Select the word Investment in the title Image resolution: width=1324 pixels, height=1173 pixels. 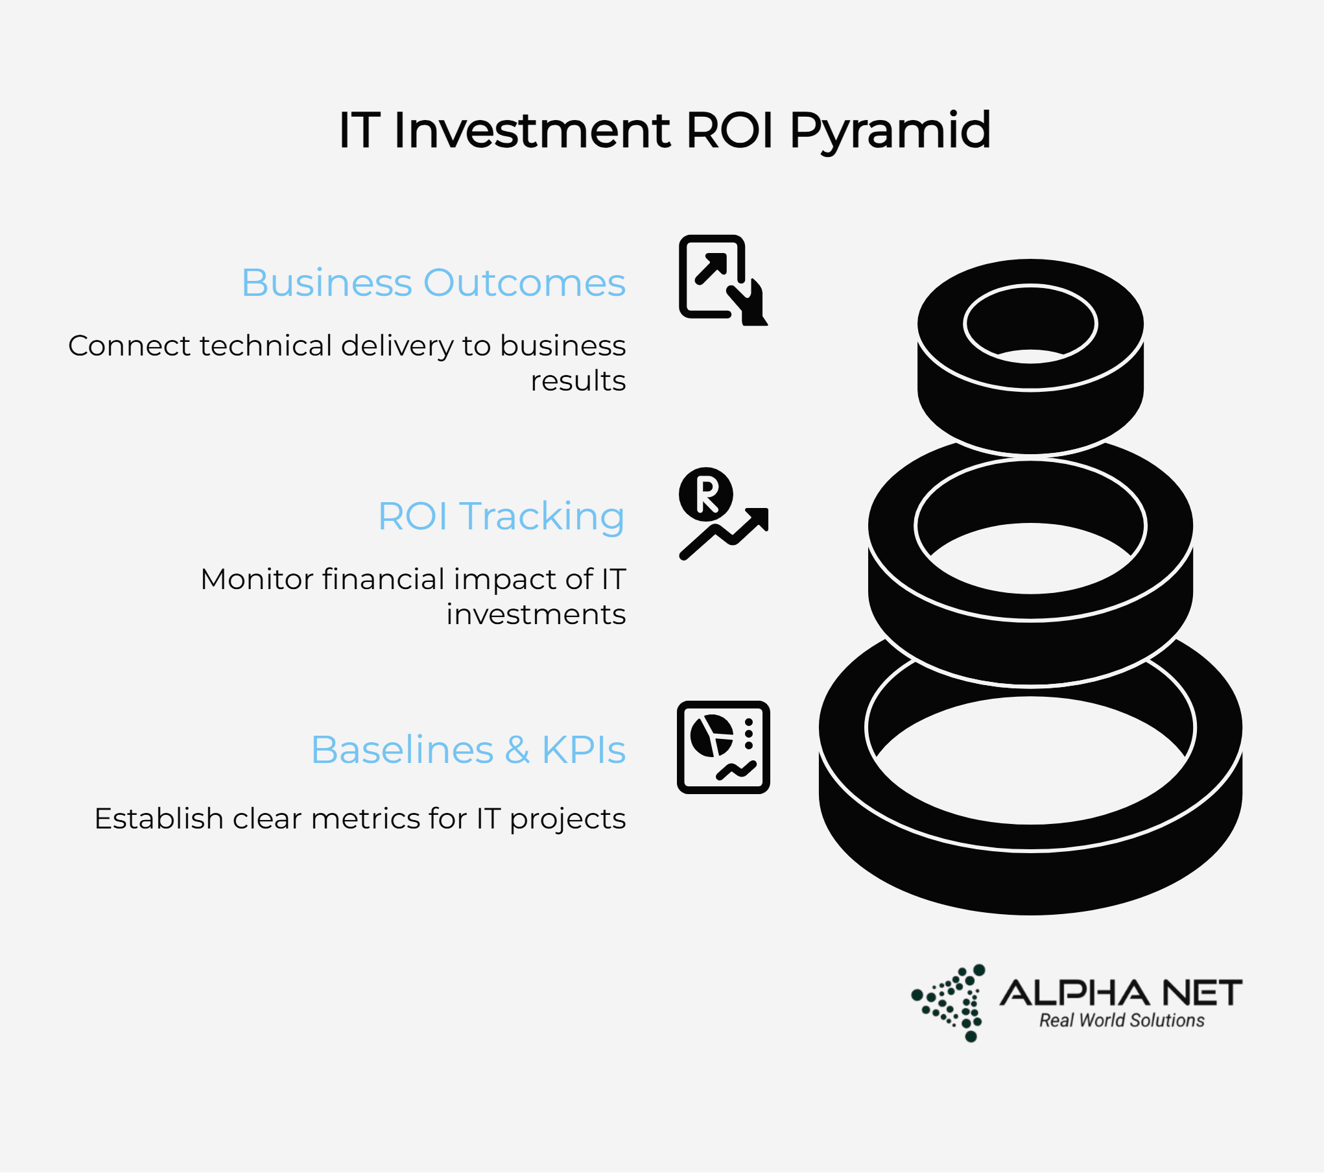[x=532, y=130]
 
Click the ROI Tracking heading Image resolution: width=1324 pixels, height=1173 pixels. [x=501, y=517]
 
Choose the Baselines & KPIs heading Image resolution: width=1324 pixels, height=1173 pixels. [x=468, y=749]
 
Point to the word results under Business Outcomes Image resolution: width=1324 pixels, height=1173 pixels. [x=578, y=381]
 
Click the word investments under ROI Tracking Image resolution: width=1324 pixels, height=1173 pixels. [x=536, y=614]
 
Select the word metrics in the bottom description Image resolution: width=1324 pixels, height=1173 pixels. [x=351, y=818]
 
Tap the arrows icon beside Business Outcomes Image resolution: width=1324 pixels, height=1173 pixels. [x=723, y=280]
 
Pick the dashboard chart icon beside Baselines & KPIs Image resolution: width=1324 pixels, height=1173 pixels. [x=724, y=747]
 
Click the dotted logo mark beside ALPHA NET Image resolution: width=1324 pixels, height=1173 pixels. [x=951, y=1002]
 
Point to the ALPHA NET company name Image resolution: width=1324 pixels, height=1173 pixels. [x=1121, y=993]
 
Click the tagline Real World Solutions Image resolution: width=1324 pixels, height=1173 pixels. [x=1122, y=1021]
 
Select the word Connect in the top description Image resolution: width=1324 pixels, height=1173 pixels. [x=129, y=346]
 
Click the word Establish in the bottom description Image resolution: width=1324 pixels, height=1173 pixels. [x=159, y=818]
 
